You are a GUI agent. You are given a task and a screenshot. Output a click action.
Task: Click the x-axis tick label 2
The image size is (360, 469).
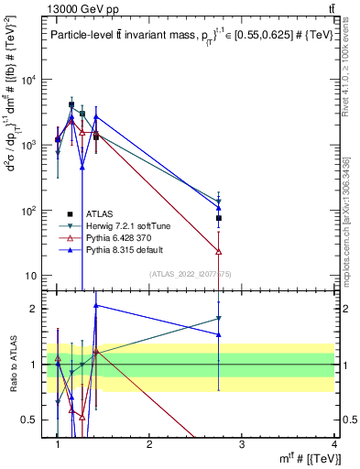click(149, 443)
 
